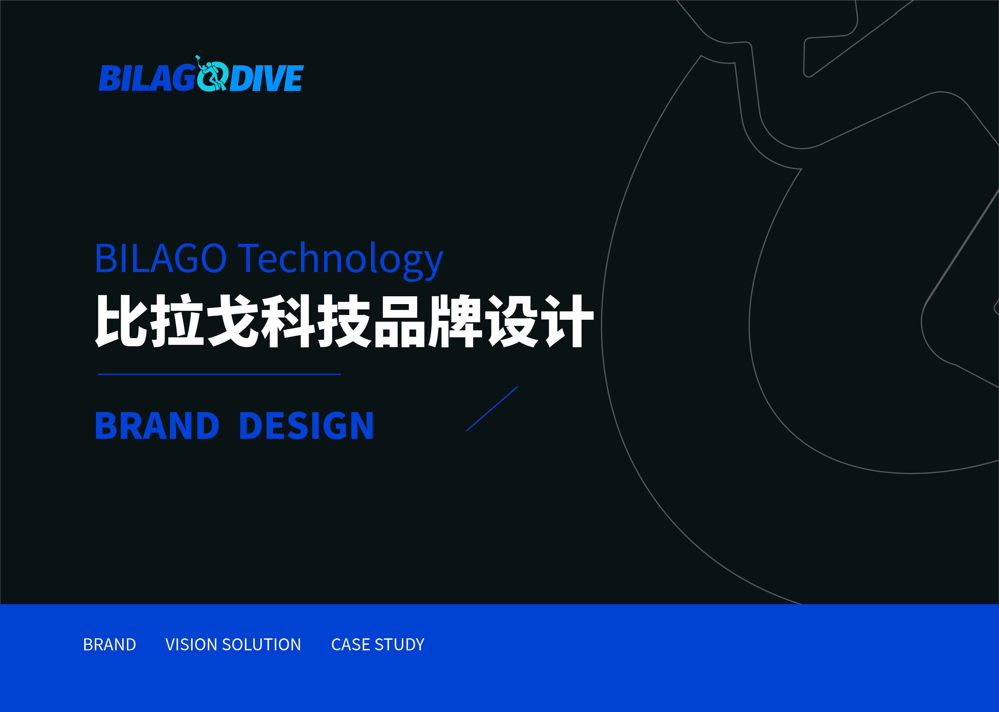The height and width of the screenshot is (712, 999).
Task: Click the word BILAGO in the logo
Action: coord(147,78)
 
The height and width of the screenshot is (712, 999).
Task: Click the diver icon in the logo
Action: coord(212,74)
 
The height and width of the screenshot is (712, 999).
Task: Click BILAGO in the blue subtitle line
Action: coord(160,259)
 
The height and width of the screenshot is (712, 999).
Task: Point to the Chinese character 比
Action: coord(121,321)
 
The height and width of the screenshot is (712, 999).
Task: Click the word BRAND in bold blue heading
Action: coord(157,426)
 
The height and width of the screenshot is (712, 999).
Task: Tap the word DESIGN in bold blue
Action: coord(306,426)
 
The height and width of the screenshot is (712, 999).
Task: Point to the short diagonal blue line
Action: coord(492,409)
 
